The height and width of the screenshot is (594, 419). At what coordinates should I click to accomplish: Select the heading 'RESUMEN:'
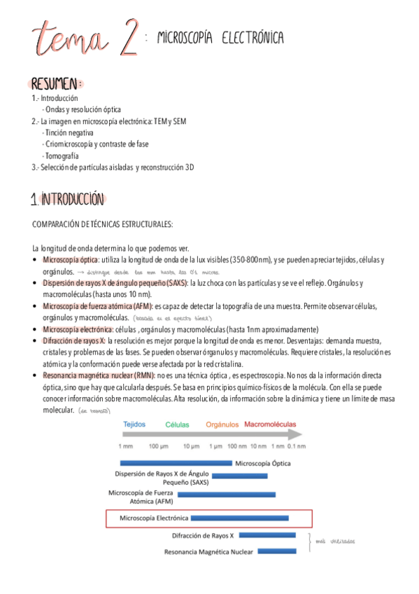(56, 84)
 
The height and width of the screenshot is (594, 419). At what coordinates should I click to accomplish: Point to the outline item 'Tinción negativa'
(68, 132)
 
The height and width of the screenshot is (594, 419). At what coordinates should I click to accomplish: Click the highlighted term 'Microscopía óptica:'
(71, 260)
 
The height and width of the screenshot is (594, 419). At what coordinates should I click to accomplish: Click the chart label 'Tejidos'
(134, 424)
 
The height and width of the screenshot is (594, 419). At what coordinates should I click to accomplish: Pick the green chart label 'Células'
(177, 424)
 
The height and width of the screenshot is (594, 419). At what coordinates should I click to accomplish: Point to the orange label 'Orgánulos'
(223, 424)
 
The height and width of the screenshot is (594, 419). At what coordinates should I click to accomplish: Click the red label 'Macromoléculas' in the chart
(272, 424)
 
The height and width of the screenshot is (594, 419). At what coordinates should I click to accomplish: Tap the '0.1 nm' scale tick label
(296, 446)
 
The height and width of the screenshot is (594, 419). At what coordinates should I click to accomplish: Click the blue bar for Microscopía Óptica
(176, 463)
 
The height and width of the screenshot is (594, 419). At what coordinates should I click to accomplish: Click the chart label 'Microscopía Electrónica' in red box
(154, 518)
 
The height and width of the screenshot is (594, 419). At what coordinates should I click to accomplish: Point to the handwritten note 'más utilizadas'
(335, 541)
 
